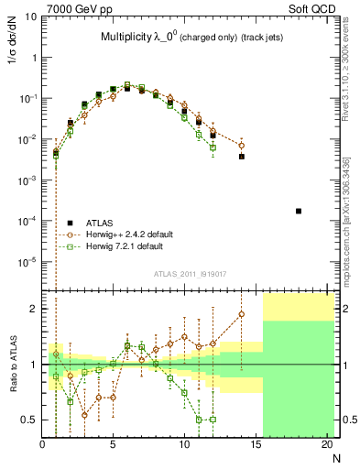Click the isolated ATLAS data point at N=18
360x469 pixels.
(299, 212)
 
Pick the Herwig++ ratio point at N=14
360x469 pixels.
(242, 314)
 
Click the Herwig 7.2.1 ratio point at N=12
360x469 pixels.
(213, 420)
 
